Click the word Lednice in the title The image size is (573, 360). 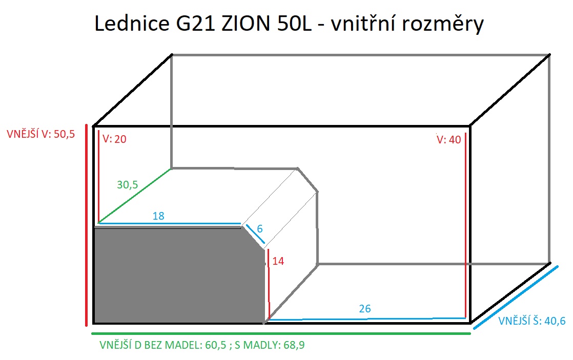[x=132, y=24]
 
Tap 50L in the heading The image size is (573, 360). [x=295, y=24]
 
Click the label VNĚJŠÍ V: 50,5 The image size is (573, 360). [x=41, y=134]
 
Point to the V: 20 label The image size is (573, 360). [x=114, y=139]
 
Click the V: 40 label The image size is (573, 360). [x=449, y=139]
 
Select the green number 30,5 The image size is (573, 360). [x=128, y=185]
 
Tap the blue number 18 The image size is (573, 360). [x=158, y=216]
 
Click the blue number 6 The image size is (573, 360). [x=260, y=229]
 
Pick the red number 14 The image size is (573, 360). [x=278, y=261]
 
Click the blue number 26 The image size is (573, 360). [x=365, y=309]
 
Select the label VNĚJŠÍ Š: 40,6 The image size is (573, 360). [x=532, y=321]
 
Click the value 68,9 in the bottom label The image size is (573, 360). [x=294, y=345]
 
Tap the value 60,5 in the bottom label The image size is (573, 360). [x=216, y=345]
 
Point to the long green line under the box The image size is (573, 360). [x=281, y=333]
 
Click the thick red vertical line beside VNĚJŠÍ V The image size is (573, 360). [x=87, y=225]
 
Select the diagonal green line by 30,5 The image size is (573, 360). [x=134, y=196]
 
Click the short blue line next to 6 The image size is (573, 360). [x=255, y=234]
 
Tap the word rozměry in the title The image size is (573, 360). [x=442, y=24]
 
